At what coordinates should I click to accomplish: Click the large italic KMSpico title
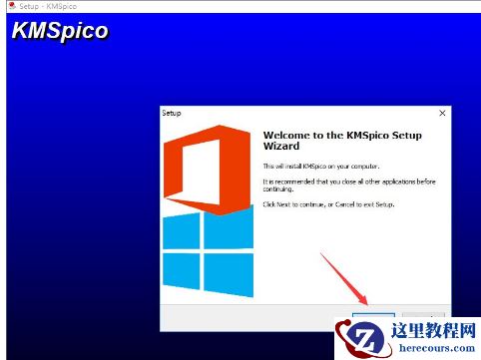(x=60, y=31)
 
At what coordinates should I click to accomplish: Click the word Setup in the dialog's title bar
(x=172, y=114)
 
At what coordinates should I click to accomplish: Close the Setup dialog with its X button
(x=441, y=114)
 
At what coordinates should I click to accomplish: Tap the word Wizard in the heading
(x=282, y=147)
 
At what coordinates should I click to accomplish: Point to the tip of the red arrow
(x=367, y=304)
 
